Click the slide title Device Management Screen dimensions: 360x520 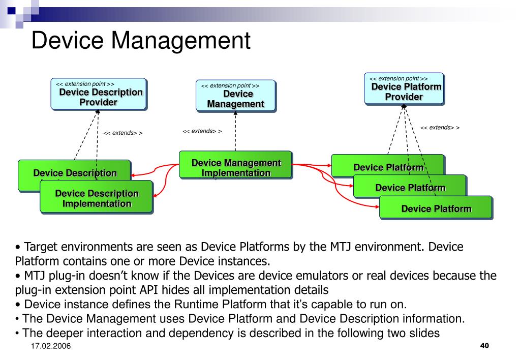click(x=141, y=40)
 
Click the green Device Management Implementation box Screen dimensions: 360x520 click(x=235, y=165)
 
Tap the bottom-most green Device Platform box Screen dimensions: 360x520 click(x=436, y=207)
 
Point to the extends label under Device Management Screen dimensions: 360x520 click(x=202, y=131)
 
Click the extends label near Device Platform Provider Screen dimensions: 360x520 click(x=440, y=128)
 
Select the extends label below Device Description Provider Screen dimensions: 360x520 click(x=123, y=133)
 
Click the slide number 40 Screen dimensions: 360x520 click(x=484, y=346)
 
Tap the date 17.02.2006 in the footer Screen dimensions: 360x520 click(x=50, y=347)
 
